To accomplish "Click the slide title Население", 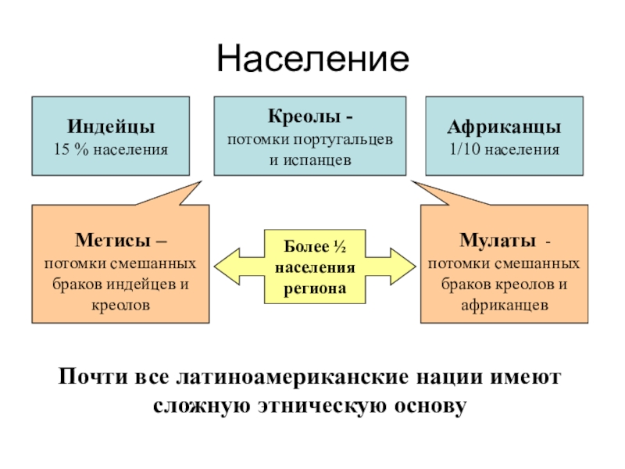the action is [313, 59].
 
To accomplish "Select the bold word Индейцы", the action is [111, 127].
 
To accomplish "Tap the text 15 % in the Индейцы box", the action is [71, 149].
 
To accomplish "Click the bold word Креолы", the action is [304, 116].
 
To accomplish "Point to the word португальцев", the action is [343, 141].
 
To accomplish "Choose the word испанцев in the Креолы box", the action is [317, 160].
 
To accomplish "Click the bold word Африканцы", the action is [504, 127].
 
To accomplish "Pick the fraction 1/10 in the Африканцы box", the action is [465, 149].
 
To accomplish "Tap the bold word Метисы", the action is [112, 240].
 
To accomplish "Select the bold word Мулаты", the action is [498, 240].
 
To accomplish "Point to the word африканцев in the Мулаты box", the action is [505, 306].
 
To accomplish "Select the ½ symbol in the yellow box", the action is [340, 247].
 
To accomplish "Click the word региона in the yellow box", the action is [315, 289].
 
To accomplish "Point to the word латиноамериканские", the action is [292, 377].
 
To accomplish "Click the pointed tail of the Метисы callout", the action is [202, 181].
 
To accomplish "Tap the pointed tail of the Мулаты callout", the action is [412, 181].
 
